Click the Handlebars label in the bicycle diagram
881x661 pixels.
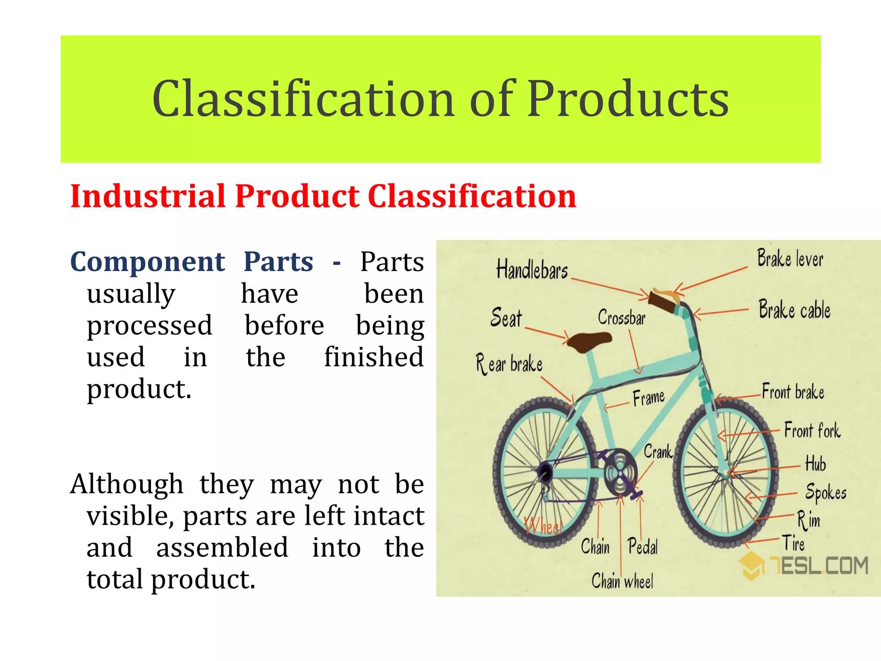[x=532, y=270]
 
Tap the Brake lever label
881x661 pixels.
[x=790, y=259]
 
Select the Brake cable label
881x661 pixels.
[x=794, y=310]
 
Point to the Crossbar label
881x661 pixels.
[x=621, y=318]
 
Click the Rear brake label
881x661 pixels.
[x=509, y=364]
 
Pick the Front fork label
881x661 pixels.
[x=812, y=430]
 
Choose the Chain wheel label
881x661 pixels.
[x=622, y=581]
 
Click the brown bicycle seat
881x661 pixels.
[x=588, y=341]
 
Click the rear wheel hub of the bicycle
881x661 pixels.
[x=545, y=473]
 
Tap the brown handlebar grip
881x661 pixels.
[x=662, y=303]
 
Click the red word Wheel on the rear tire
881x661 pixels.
[x=543, y=526]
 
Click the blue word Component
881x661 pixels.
[x=147, y=262]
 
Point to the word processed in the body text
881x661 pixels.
[x=149, y=325]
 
